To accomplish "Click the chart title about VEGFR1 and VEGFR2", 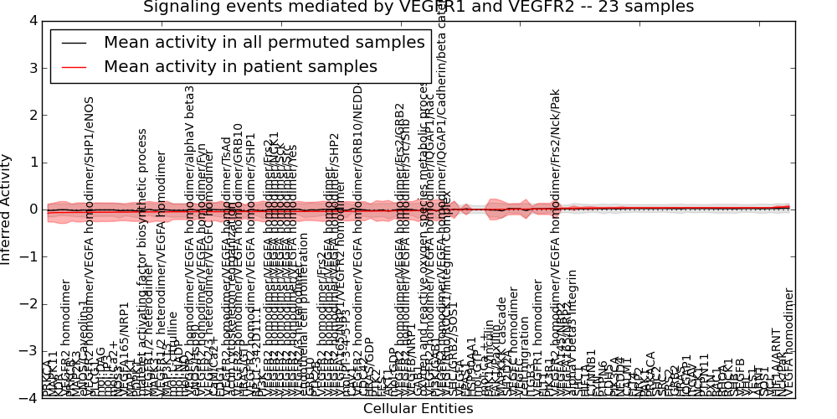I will pos(418,7).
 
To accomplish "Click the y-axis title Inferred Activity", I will pos(7,209).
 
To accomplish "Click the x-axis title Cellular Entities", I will pos(418,409).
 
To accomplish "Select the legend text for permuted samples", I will pos(264,43).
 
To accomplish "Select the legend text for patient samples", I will pos(240,66).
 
